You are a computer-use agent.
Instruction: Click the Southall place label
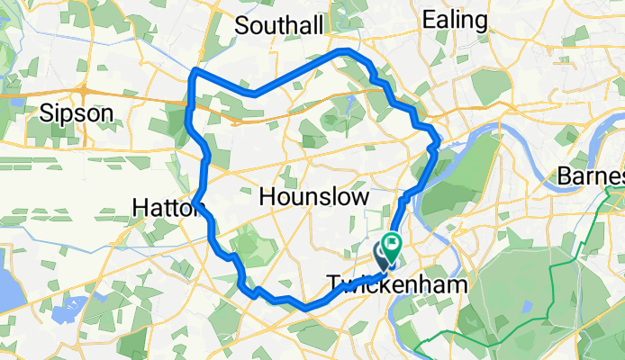278,26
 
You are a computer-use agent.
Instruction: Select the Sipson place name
77,112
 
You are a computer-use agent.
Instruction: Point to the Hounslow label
314,196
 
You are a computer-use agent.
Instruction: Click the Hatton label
162,208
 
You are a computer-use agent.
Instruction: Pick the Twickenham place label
397,284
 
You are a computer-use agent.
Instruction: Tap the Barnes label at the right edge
591,175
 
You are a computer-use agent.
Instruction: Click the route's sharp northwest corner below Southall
196,70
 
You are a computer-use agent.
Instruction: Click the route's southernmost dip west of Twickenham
306,308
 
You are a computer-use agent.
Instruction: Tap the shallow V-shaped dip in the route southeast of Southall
256,93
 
